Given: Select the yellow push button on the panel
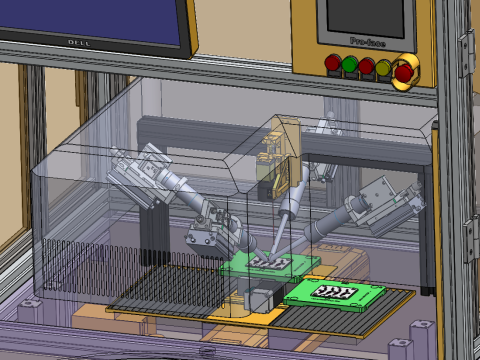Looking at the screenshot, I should click(383, 67).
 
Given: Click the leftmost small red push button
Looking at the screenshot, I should click(332, 66).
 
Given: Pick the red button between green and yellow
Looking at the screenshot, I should click(366, 67).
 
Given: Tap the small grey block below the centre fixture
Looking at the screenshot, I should click(258, 299).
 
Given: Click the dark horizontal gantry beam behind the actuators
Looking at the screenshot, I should click(200, 128).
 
